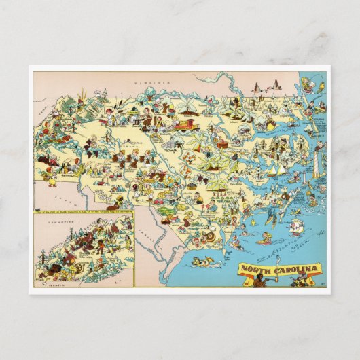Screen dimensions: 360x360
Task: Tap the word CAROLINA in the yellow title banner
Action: pos(292,269)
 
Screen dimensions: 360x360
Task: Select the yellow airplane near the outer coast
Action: pos(270,124)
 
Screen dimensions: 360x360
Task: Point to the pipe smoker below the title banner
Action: pos(260,281)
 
